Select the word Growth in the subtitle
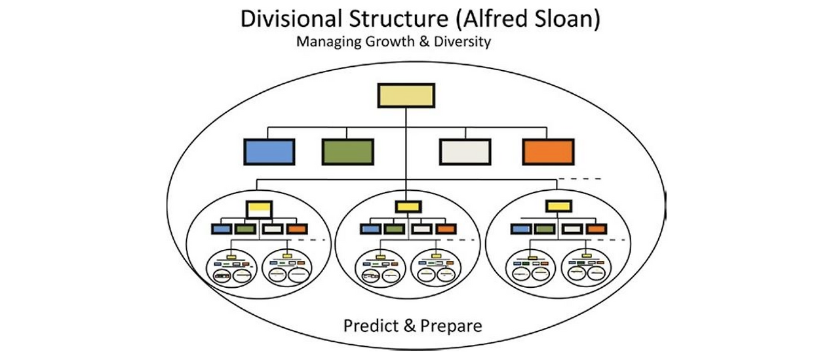(390, 41)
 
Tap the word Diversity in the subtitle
(462, 41)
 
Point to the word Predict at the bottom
(371, 326)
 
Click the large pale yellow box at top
(406, 96)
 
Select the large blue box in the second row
(269, 151)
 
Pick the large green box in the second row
(348, 151)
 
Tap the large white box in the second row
(465, 151)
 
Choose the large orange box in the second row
(549, 151)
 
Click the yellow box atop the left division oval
(259, 209)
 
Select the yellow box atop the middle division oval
(408, 207)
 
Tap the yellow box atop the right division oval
(559, 206)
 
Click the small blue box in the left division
(222, 229)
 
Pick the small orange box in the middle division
(446, 229)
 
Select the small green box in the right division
(545, 229)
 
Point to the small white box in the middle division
(421, 229)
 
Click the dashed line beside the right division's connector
(579, 179)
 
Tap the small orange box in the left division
(297, 229)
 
